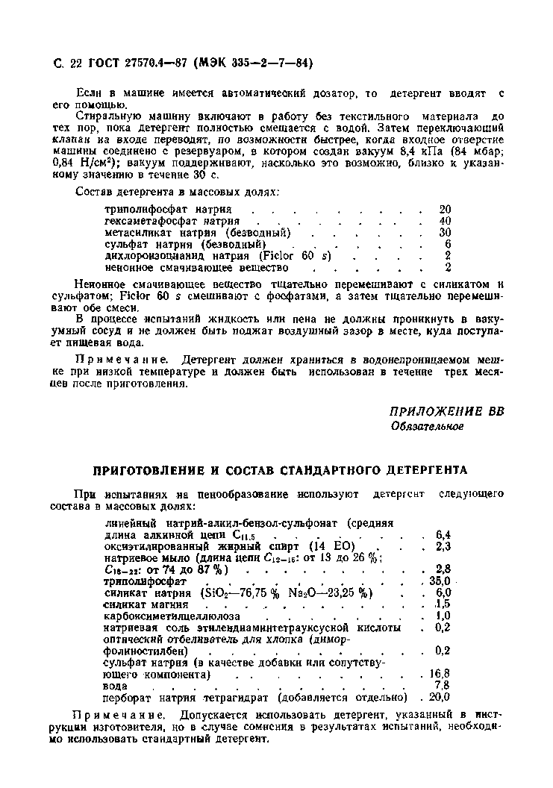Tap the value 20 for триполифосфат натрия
[445, 210]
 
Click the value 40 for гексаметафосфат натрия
[445, 221]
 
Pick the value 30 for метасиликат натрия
[445, 232]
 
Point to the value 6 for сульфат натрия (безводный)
[448, 244]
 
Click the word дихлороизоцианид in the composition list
[153, 255]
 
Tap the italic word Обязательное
[427, 426]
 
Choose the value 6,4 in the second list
[443, 534]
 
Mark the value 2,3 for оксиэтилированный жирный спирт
[443, 546]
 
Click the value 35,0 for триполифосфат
[441, 581]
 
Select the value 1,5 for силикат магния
[443, 604]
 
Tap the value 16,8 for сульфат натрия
[441, 674]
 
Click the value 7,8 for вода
[442, 686]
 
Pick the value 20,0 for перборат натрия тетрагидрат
[441, 698]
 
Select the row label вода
[116, 686]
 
